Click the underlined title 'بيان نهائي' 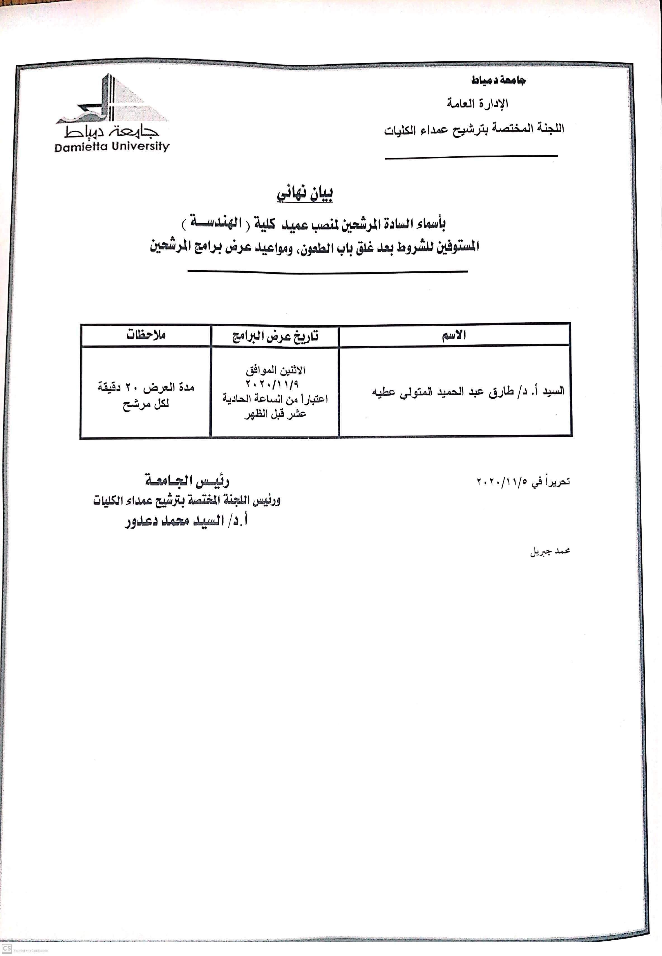click(305, 194)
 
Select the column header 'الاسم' click(454, 335)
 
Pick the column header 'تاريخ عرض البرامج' click(275, 336)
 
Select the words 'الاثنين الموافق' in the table click(275, 370)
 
